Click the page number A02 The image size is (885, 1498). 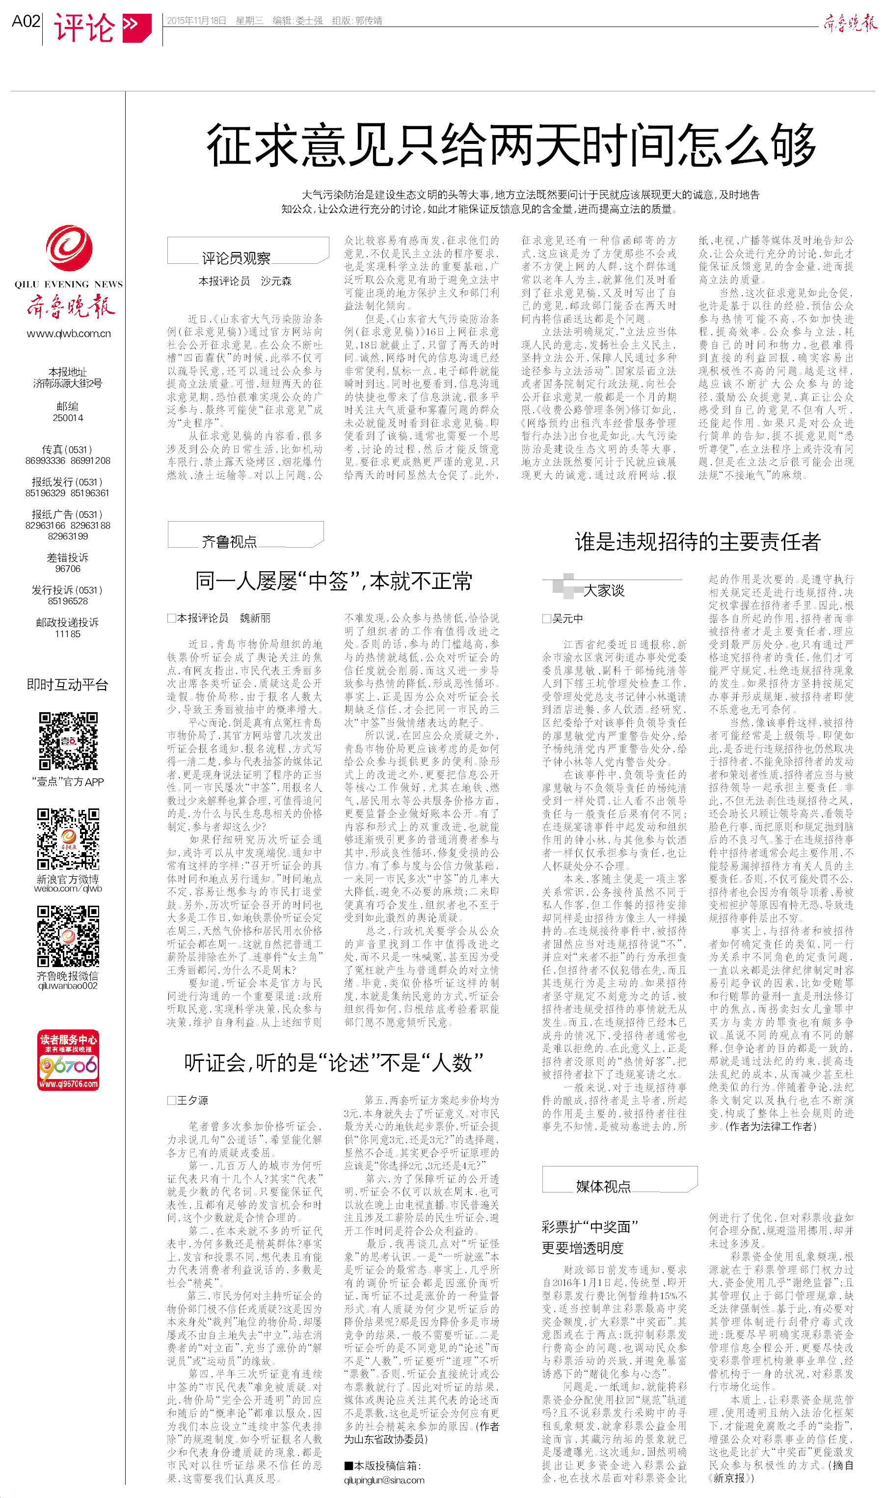pyautogui.click(x=26, y=22)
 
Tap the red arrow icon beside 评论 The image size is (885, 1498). pyautogui.click(x=136, y=27)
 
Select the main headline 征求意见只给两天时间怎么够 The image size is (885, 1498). pyautogui.click(x=510, y=145)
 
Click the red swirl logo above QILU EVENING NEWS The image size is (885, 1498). pyautogui.click(x=69, y=248)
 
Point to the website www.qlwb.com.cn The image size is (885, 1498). pyautogui.click(x=69, y=333)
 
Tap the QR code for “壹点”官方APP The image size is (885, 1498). pyautogui.click(x=68, y=741)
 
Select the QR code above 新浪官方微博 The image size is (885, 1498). pyautogui.click(x=68, y=839)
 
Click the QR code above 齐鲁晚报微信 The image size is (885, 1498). pyautogui.click(x=68, y=936)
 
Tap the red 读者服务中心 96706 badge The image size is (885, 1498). pyautogui.click(x=68, y=1060)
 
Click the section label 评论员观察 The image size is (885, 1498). pyautogui.click(x=236, y=258)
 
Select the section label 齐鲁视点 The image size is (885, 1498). pyautogui.click(x=229, y=541)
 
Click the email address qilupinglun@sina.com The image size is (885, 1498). pyautogui.click(x=384, y=1480)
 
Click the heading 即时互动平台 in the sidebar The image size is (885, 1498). pyautogui.click(x=67, y=684)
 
